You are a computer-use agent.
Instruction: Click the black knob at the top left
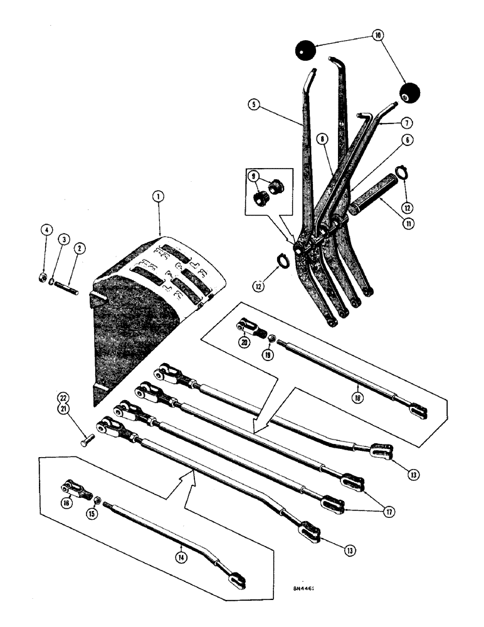click(306, 50)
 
